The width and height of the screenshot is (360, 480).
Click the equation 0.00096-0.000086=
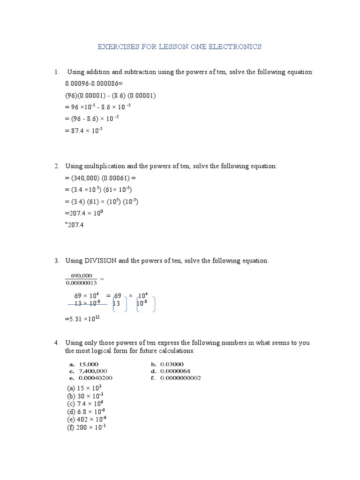(94, 83)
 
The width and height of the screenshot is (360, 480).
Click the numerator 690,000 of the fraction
(82, 276)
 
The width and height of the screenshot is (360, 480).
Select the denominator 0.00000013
(82, 282)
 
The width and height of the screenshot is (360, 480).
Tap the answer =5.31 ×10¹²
(82, 319)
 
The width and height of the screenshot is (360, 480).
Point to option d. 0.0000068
(171, 371)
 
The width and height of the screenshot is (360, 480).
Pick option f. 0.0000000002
(175, 378)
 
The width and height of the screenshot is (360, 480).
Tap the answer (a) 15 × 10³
(84, 389)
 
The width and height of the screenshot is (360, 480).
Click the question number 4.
(57, 343)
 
